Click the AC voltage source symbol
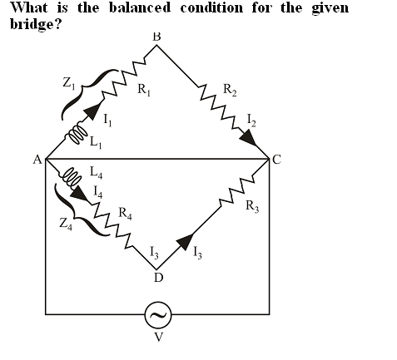(x=158, y=315)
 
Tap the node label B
(x=156, y=37)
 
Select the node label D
(x=158, y=278)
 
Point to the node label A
(x=37, y=160)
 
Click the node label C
(x=276, y=160)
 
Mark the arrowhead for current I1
(x=92, y=111)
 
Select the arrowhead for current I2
(x=248, y=139)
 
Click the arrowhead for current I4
(x=79, y=193)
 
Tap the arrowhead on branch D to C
(x=185, y=242)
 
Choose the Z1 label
(x=68, y=83)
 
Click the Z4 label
(x=66, y=224)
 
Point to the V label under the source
(x=159, y=337)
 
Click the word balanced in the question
(x=140, y=7)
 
